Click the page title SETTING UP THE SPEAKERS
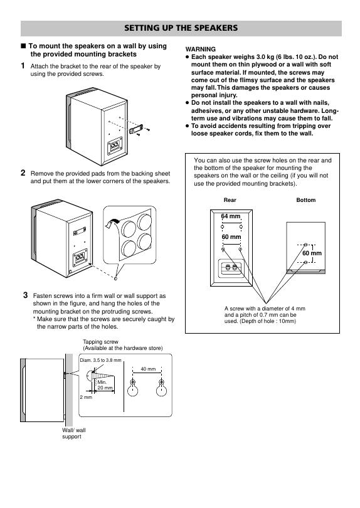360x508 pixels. (x=181, y=28)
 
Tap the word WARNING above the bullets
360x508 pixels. (x=200, y=50)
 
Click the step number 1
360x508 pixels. (x=23, y=66)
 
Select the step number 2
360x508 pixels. (x=23, y=172)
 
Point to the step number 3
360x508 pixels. (x=26, y=295)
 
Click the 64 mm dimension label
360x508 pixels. (x=231, y=216)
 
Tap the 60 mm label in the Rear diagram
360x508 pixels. (x=231, y=237)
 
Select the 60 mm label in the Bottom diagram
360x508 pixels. (x=312, y=253)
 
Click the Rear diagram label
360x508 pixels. (x=230, y=200)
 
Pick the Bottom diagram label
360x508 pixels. (x=306, y=200)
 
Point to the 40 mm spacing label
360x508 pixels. (x=148, y=369)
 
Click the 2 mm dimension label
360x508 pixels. (x=86, y=397)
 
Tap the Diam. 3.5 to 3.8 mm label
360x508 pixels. (x=100, y=360)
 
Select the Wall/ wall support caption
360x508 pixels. (x=74, y=433)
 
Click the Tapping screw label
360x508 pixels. (x=100, y=341)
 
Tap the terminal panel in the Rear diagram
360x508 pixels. (x=231, y=268)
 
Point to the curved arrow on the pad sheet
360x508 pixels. (x=112, y=223)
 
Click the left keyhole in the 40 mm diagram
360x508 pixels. (x=132, y=387)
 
